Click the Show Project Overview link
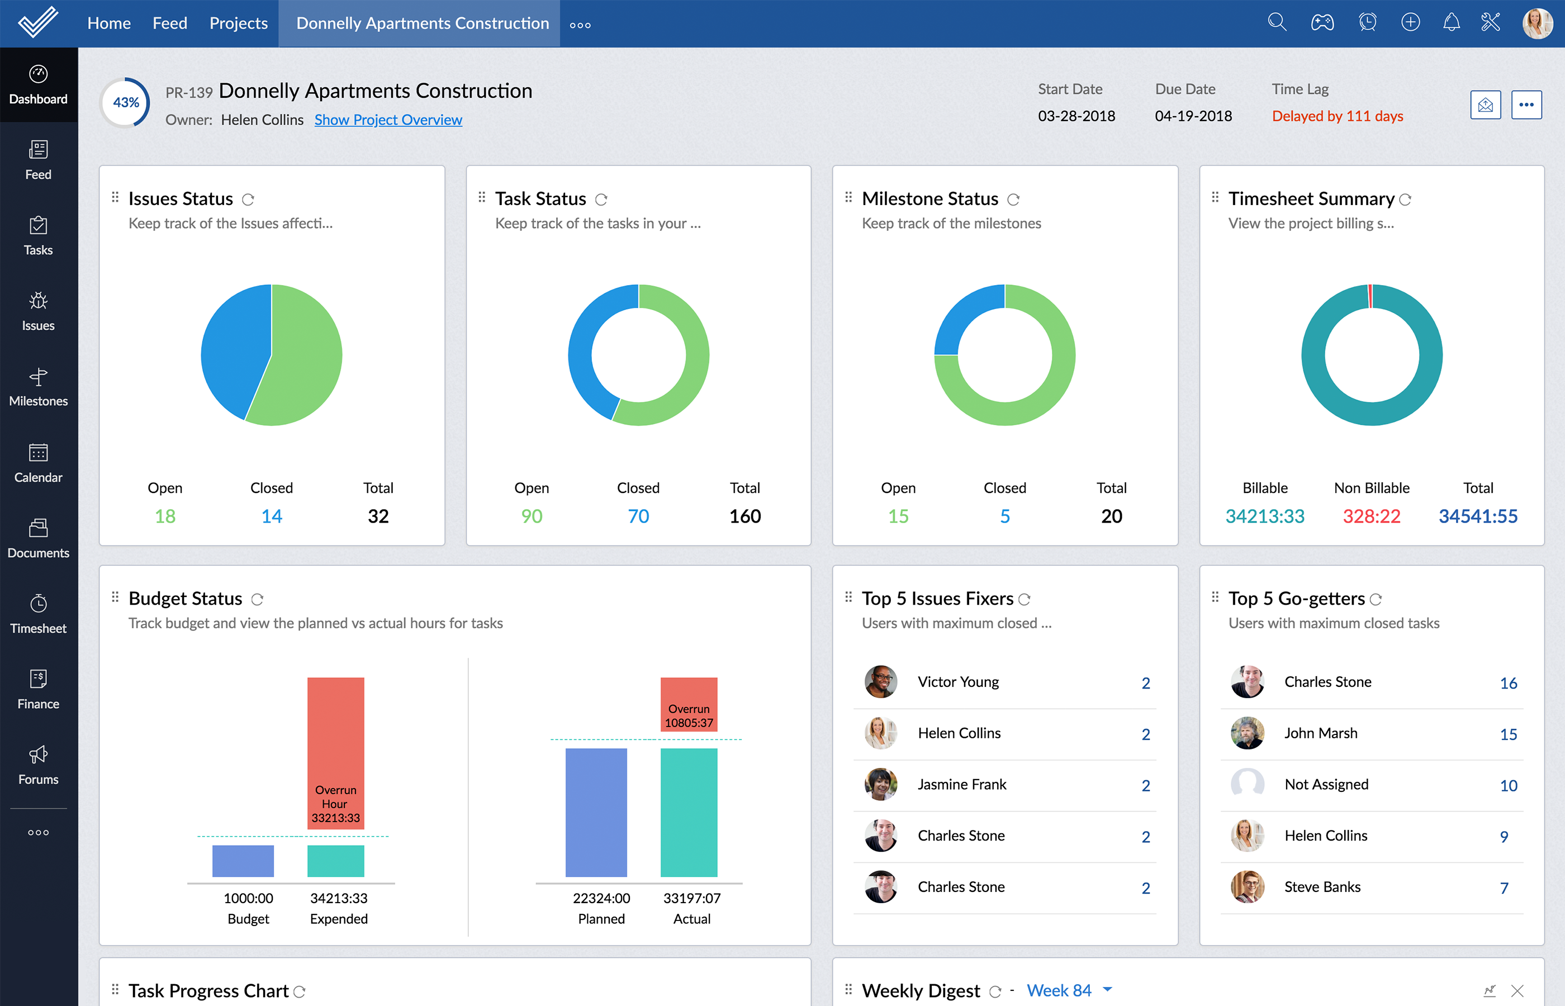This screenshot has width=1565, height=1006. pyautogui.click(x=388, y=120)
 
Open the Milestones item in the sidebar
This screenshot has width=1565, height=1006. pyautogui.click(x=38, y=387)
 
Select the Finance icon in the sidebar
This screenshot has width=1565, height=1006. pyautogui.click(x=38, y=689)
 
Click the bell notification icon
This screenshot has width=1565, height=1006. pyautogui.click(x=1450, y=23)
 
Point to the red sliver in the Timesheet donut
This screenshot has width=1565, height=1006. pyautogui.click(x=1370, y=295)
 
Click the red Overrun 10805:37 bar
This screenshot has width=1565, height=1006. pyautogui.click(x=689, y=704)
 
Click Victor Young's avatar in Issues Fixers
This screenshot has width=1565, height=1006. pyautogui.click(x=880, y=682)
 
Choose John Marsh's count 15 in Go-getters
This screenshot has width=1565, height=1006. pyautogui.click(x=1507, y=734)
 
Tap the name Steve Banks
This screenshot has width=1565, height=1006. pyautogui.click(x=1322, y=886)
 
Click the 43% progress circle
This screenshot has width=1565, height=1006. pyautogui.click(x=125, y=103)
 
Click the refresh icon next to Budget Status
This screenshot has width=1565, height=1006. pyautogui.click(x=257, y=599)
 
